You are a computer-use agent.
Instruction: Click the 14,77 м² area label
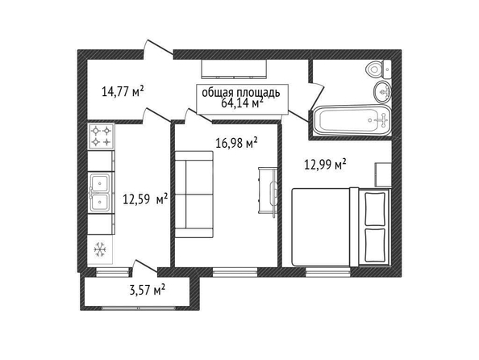(123, 91)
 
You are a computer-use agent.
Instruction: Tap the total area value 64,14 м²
(242, 103)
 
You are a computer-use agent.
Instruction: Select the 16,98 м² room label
(236, 143)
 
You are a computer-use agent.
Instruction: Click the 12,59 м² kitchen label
(145, 199)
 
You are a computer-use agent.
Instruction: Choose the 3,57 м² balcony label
(148, 290)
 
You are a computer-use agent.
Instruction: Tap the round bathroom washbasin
(382, 92)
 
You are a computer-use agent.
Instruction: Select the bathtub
(352, 120)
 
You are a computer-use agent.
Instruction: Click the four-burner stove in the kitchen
(101, 136)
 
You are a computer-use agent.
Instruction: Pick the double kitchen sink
(99, 193)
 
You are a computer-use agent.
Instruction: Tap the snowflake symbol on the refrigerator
(99, 249)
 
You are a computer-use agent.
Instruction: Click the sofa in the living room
(194, 195)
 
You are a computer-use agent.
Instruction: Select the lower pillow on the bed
(375, 245)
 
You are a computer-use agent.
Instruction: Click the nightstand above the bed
(383, 174)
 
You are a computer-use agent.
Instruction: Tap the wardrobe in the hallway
(234, 69)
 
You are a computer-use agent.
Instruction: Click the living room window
(235, 272)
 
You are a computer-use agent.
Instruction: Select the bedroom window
(328, 272)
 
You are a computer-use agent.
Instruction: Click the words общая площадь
(241, 92)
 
